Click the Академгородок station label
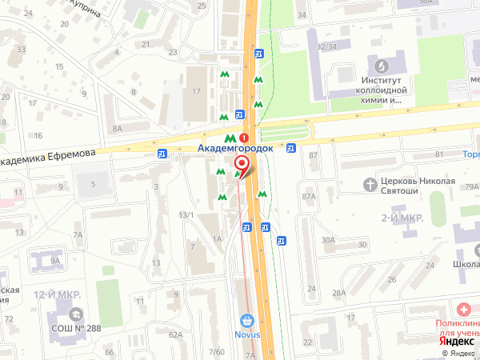(235, 149)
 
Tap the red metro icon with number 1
(254, 138)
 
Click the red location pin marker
(241, 166)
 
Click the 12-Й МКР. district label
(58, 295)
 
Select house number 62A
(176, 335)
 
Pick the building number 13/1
(186, 214)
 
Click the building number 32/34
(326, 46)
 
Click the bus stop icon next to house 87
(291, 147)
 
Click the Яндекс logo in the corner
(455, 339)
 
